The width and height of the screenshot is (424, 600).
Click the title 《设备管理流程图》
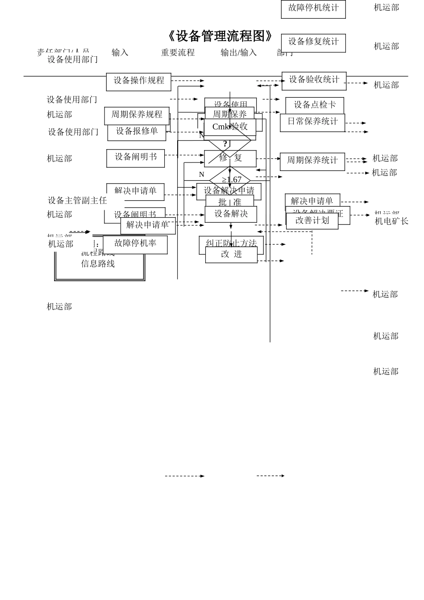220,36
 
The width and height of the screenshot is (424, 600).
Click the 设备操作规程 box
139,81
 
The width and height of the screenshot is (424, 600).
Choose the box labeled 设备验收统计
314,80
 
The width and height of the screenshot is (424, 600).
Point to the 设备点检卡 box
315,105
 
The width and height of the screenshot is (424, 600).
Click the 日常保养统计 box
312,122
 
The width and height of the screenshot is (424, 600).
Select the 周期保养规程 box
137,115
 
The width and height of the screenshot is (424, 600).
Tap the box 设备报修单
137,132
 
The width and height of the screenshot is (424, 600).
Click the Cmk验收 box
230,127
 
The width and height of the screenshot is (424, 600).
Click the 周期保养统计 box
312,161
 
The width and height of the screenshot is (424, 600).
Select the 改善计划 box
312,221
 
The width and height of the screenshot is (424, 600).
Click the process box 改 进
231,254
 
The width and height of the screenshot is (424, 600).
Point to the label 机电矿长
391,221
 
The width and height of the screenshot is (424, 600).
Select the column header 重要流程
178,53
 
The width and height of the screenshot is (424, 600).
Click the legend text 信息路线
98,264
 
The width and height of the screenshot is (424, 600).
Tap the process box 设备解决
231,214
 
